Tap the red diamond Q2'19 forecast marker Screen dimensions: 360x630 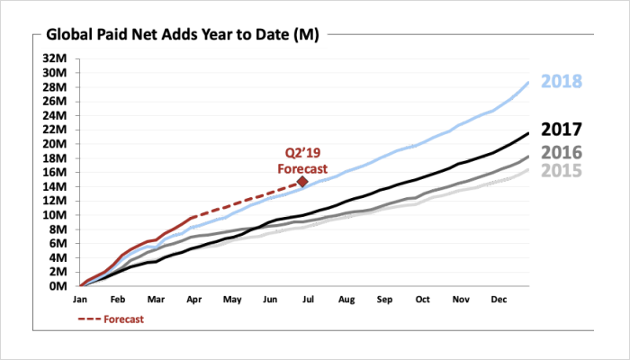click(302, 182)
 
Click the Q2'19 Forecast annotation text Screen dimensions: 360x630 click(301, 159)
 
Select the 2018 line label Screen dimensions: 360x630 click(562, 82)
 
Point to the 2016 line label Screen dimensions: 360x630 click(562, 152)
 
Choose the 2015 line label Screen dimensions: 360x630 click(562, 171)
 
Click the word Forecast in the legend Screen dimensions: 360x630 click(123, 319)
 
